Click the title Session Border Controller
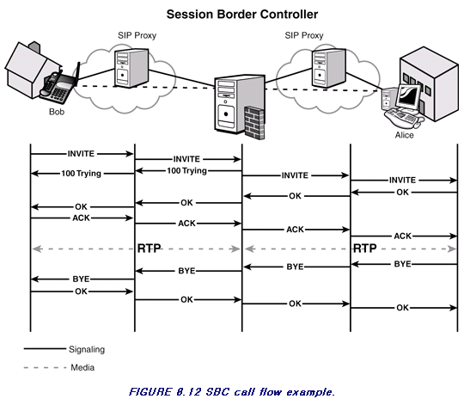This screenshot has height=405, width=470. click(242, 15)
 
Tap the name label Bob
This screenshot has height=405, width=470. click(57, 112)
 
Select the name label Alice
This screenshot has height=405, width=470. click(405, 135)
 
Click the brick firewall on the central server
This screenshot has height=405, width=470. click(254, 122)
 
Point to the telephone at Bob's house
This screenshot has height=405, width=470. click(58, 87)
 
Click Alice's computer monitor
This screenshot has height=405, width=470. click(408, 96)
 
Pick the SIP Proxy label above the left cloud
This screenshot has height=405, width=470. click(137, 36)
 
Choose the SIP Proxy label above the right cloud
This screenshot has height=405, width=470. click(304, 36)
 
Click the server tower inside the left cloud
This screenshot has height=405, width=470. click(131, 68)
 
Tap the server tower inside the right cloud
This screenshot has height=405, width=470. click(328, 68)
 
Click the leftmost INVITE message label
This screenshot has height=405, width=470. click(81, 154)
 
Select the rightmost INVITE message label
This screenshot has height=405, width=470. click(402, 180)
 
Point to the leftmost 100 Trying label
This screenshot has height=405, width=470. click(82, 174)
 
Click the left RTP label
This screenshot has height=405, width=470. click(149, 249)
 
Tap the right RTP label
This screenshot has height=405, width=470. click(365, 249)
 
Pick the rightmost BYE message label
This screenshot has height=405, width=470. click(402, 264)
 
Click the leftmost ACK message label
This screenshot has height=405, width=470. click(81, 218)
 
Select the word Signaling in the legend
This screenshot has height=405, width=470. click(87, 349)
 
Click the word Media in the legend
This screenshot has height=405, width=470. click(82, 367)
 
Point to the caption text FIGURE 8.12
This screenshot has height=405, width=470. click(165, 392)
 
